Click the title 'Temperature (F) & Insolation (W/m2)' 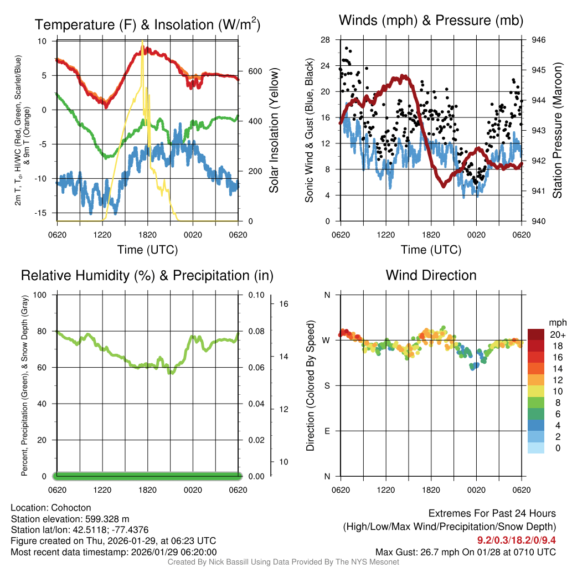(x=147, y=24)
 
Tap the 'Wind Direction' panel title (x=431, y=275)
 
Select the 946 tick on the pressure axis (x=539, y=40)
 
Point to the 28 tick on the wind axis (x=325, y=40)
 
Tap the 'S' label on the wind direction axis (x=327, y=385)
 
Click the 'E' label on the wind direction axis (x=327, y=431)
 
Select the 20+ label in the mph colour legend (x=558, y=334)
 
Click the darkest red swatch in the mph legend (x=536, y=334)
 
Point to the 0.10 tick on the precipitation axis (x=256, y=295)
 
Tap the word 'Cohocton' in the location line (x=71, y=508)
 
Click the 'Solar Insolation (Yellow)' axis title (x=274, y=130)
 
